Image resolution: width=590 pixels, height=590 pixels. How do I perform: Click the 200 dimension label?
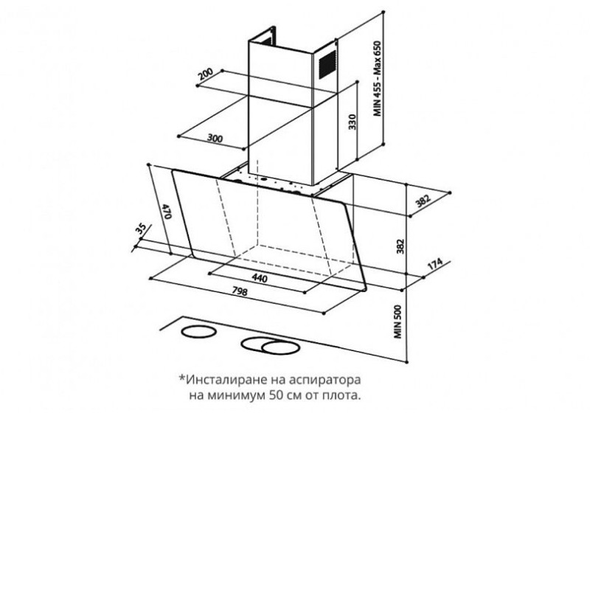click(206, 74)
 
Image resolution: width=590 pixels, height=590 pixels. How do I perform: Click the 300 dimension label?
click(215, 138)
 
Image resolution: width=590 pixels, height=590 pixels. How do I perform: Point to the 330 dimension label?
click(352, 122)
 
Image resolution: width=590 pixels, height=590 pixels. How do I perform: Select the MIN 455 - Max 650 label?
click(378, 78)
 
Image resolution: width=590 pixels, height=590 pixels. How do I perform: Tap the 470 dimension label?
click(167, 211)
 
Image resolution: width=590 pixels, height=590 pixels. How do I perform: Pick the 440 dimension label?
click(260, 278)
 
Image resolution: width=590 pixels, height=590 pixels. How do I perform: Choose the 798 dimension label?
click(240, 291)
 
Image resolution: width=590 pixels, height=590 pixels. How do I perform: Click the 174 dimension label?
click(434, 263)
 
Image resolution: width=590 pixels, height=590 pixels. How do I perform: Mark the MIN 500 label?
click(398, 322)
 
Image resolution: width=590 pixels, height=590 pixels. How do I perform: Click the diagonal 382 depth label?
click(423, 201)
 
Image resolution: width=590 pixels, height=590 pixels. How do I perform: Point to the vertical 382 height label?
click(400, 246)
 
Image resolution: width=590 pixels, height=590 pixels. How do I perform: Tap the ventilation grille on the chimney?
click(327, 65)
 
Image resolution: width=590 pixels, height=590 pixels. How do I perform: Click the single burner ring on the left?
click(198, 332)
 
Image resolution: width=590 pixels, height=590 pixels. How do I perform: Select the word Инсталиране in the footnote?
click(227, 379)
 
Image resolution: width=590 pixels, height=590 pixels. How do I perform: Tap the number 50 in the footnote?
click(276, 396)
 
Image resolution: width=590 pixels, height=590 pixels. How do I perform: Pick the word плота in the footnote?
click(341, 396)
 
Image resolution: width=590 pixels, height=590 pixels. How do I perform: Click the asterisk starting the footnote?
click(182, 377)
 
